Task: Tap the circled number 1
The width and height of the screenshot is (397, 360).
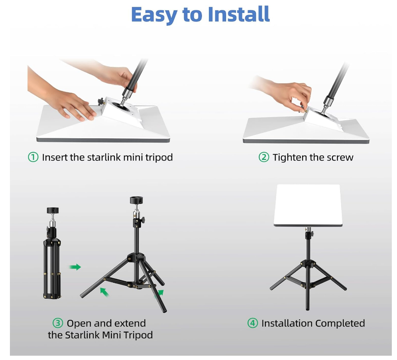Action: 33,157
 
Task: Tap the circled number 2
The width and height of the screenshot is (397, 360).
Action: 264,157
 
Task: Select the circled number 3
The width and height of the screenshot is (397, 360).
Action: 58,323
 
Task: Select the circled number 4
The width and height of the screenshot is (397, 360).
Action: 252,323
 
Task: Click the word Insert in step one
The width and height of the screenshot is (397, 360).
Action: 54,157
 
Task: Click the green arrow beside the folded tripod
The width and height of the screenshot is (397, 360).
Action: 75,267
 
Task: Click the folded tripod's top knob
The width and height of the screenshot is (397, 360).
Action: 52,211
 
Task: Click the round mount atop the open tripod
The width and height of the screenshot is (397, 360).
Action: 136,200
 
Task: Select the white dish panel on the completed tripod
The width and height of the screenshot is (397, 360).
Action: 307,205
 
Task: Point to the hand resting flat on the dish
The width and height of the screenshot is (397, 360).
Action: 73,106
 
